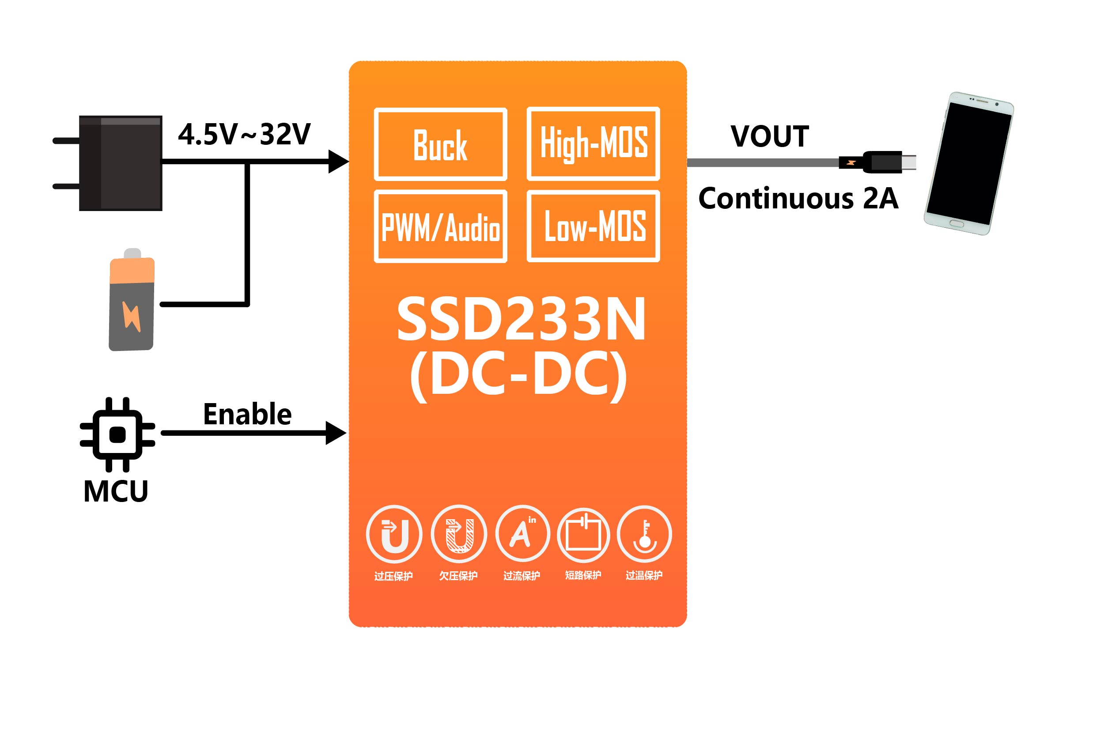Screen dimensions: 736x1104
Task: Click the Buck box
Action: pyautogui.click(x=440, y=144)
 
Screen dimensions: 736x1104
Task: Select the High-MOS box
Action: pyautogui.click(x=594, y=143)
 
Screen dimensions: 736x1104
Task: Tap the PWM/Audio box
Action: pyautogui.click(x=440, y=226)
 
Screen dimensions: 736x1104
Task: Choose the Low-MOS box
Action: pyautogui.click(x=594, y=226)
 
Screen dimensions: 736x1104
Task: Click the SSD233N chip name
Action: pyautogui.click(x=521, y=320)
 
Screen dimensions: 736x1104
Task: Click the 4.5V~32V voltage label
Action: pyautogui.click(x=244, y=134)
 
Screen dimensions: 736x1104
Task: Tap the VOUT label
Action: pyautogui.click(x=769, y=136)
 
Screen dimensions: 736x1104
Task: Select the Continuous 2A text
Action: pyautogui.click(x=798, y=199)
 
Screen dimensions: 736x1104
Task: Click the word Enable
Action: pyautogui.click(x=247, y=415)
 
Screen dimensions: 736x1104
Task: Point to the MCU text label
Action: pyautogui.click(x=115, y=491)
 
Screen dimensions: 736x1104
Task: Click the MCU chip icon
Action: pyautogui.click(x=117, y=434)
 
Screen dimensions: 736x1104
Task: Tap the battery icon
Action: pyautogui.click(x=132, y=300)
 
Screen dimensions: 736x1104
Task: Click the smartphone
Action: pyautogui.click(x=969, y=163)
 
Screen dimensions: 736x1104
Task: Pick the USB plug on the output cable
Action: pyautogui.click(x=882, y=162)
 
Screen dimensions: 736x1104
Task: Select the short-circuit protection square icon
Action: pyautogui.click(x=583, y=535)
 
